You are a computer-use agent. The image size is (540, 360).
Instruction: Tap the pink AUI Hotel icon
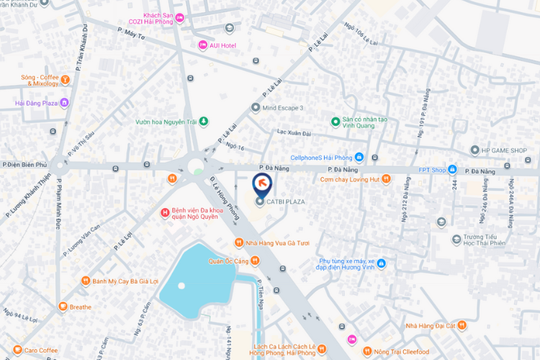tap(203, 45)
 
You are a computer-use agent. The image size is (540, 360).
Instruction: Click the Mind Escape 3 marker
tap(255, 107)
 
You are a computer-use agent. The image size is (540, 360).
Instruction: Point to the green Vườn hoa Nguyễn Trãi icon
tap(203, 121)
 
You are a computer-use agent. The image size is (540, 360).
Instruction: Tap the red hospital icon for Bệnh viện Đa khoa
tap(165, 212)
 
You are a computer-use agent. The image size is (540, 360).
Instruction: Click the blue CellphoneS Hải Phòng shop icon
tap(359, 158)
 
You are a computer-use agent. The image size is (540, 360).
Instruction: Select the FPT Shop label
tap(433, 170)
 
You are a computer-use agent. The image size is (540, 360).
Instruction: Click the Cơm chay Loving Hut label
tap(349, 179)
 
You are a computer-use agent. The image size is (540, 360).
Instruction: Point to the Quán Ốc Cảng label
tap(228, 261)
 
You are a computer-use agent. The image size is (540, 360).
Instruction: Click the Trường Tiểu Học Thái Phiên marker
tap(456, 239)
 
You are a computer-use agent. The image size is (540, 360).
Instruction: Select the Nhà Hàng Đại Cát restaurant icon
tap(462, 326)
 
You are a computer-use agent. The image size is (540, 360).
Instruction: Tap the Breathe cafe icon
tap(63, 307)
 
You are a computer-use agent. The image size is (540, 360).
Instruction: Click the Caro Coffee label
tap(40, 351)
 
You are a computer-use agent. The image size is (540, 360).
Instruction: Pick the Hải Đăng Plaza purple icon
tap(64, 103)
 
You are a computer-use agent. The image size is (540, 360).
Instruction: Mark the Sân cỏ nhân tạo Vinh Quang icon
tap(335, 121)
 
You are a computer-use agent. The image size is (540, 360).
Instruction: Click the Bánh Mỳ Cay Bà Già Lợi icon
tap(85, 281)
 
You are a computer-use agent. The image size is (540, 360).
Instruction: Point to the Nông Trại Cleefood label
tap(420, 351)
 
